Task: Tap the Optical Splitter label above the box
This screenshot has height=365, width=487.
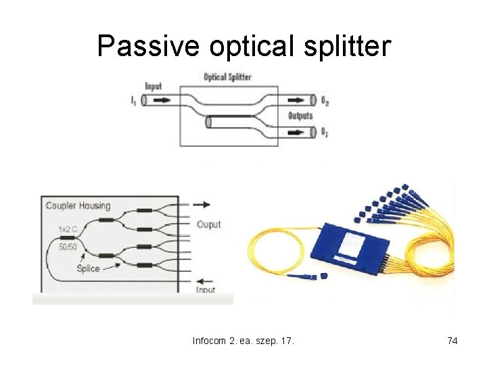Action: tap(228, 77)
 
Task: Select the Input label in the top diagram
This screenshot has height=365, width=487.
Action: tap(154, 87)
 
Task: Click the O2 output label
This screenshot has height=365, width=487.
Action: tap(325, 101)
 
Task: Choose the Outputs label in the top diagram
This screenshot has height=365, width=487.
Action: tap(301, 116)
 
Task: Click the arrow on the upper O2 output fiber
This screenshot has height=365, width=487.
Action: tap(297, 101)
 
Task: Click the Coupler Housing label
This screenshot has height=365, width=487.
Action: tap(78, 205)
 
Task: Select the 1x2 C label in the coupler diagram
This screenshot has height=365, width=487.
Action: tap(67, 230)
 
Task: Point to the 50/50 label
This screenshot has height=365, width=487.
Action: tap(68, 247)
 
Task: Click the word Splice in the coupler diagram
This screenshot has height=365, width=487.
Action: tap(88, 268)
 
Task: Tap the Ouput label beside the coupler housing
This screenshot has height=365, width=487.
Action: tap(208, 224)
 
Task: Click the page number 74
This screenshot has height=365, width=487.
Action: tap(453, 341)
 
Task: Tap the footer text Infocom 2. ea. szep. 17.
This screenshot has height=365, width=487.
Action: tap(243, 341)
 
